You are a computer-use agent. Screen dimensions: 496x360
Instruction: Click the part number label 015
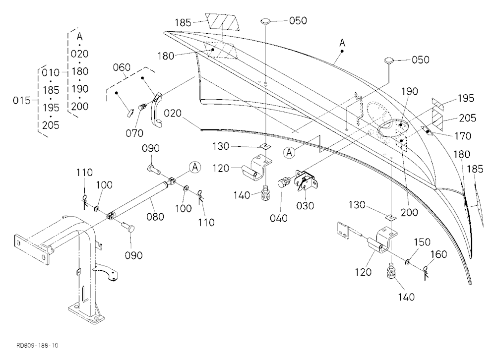coord(21,101)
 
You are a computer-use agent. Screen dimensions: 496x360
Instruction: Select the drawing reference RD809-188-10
coord(37,345)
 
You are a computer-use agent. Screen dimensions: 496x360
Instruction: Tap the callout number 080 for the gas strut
coord(155,217)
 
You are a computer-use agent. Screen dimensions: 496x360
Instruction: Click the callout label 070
coord(134,133)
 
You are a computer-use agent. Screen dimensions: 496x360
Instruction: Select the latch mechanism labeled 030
coord(305,180)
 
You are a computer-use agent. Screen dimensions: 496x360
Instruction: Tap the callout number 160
coord(439,254)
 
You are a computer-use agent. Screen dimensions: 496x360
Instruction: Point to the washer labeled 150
coord(408,261)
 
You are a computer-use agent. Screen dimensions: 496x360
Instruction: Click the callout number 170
coord(462,136)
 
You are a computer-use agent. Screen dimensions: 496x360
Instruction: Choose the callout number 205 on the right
coord(467,118)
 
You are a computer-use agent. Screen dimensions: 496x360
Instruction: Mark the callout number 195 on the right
coord(466,98)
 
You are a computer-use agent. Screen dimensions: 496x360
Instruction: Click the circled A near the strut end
coord(195,167)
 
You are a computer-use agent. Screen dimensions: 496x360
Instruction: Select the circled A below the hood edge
coord(289,153)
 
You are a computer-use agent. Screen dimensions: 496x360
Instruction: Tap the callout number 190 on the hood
coord(410,91)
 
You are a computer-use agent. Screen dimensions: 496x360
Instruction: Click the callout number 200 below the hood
coord(409,212)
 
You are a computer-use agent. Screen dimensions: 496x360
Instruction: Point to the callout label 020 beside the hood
coord(173,113)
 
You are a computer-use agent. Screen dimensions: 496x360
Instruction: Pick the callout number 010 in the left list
coord(51,72)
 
